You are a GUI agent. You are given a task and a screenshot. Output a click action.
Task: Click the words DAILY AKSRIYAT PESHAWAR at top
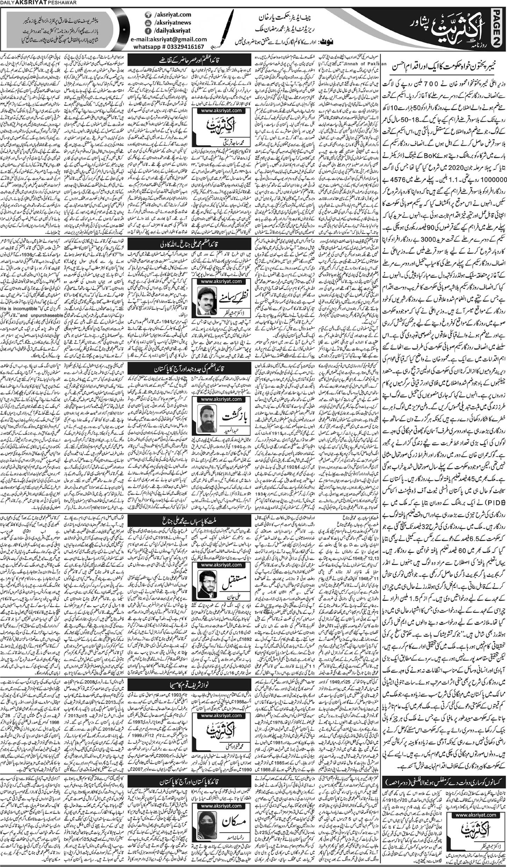[x=32, y=3]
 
